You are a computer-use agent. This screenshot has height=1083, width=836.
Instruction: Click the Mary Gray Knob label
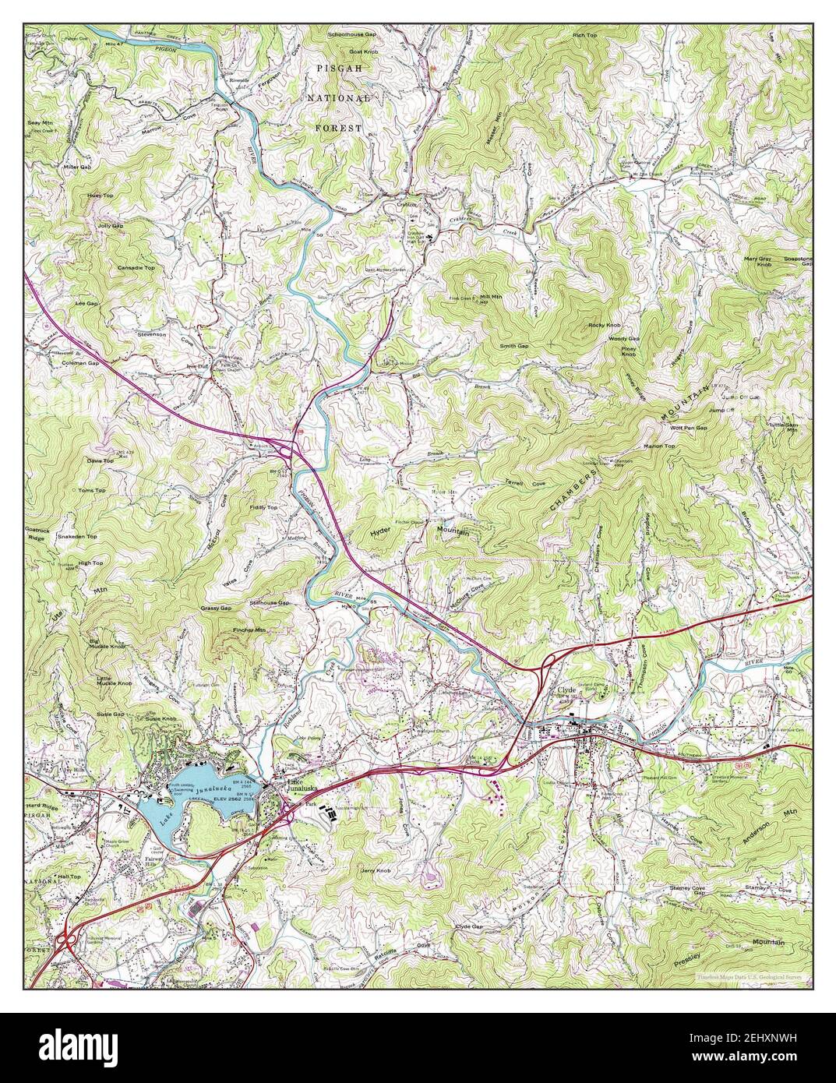[x=757, y=261]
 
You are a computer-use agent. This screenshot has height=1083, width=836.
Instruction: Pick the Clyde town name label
[x=565, y=690]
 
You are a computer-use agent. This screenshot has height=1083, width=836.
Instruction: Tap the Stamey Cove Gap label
[x=688, y=890]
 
